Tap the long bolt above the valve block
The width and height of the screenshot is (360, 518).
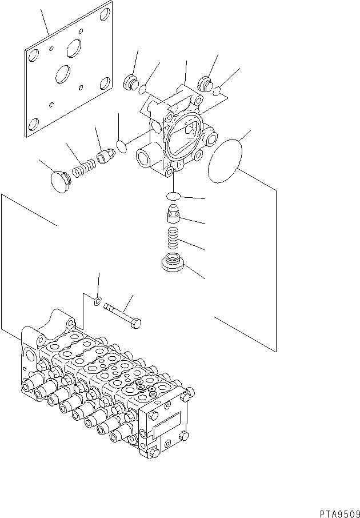(123, 316)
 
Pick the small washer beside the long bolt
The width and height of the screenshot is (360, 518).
(98, 300)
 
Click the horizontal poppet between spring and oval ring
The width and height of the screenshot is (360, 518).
(105, 156)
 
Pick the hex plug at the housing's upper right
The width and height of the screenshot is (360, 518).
(205, 83)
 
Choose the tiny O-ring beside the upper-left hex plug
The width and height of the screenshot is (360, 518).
(145, 89)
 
